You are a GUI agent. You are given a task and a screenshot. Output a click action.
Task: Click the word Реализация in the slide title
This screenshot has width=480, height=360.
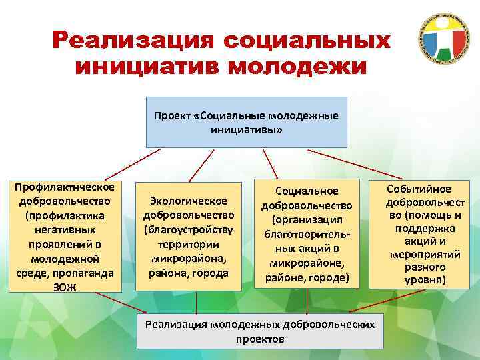pyautogui.click(x=133, y=41)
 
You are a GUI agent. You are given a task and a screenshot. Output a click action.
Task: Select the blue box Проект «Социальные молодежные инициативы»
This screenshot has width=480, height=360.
pyautogui.click(x=247, y=123)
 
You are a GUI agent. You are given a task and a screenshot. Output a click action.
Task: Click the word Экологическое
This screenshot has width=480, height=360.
pyautogui.click(x=189, y=201)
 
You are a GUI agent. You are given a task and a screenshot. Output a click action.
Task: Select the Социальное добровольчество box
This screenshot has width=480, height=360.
pyautogui.click(x=307, y=233)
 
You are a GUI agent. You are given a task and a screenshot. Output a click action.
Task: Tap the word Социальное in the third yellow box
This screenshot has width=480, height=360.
pyautogui.click(x=307, y=191)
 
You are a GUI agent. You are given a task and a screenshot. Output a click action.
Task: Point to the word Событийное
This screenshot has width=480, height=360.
pyautogui.click(x=424, y=189)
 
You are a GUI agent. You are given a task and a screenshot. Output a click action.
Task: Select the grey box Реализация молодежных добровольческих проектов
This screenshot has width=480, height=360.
pyautogui.click(x=260, y=331)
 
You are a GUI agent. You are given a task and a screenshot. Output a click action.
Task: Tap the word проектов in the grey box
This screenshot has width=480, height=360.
pyautogui.click(x=260, y=339)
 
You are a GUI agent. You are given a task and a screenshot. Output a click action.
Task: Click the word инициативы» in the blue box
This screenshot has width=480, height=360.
pyautogui.click(x=247, y=131)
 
